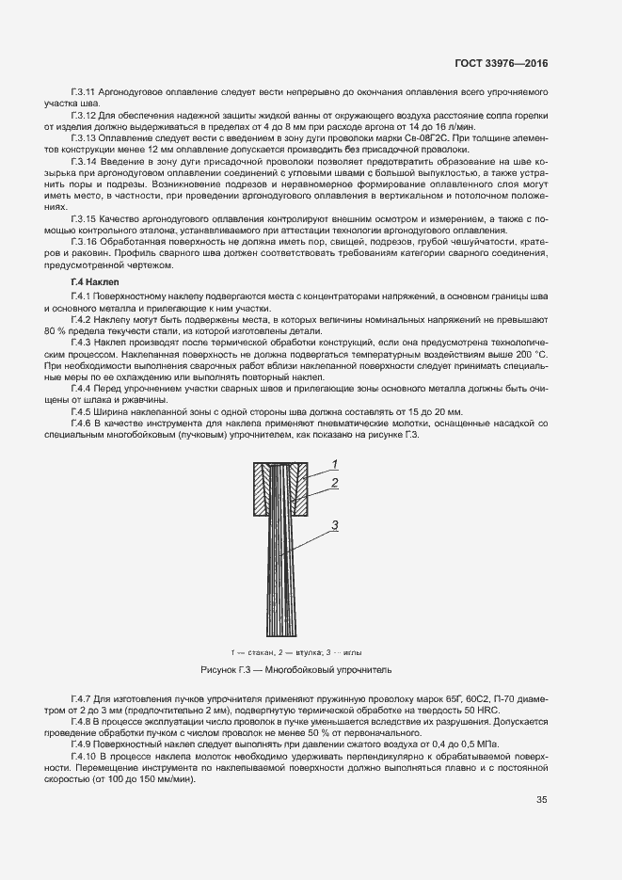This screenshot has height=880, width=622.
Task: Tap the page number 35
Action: pyautogui.click(x=542, y=826)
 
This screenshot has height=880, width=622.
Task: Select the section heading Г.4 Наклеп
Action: pyautogui.click(x=93, y=282)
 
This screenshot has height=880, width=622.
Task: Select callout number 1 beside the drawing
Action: pyautogui.click(x=333, y=464)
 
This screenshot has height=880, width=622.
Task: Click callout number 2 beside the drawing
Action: pyautogui.click(x=333, y=483)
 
